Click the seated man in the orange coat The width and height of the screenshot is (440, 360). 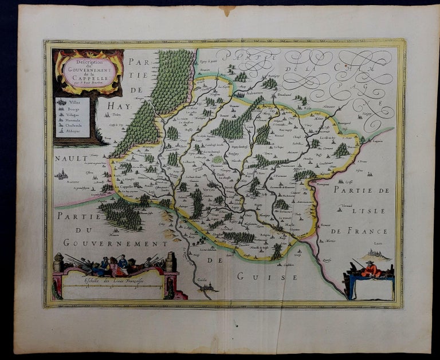pos(371,268)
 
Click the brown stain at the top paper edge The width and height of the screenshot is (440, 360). pos(227,9)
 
